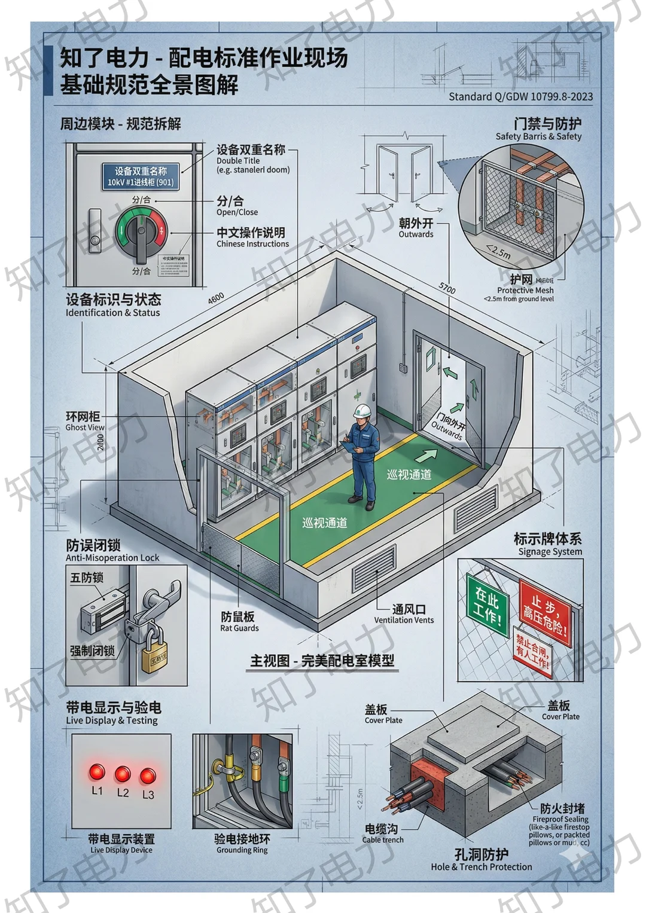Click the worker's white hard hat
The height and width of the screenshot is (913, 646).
point(363,411)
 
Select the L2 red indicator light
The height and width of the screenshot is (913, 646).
point(123,774)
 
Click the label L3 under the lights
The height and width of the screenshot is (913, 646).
point(148,795)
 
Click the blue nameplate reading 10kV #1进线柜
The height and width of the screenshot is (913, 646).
point(141,177)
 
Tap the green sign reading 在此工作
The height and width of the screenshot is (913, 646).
point(487,604)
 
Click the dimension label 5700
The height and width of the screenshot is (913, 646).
point(447,288)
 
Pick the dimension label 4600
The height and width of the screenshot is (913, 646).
point(216,298)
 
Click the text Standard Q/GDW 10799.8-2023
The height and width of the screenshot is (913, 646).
point(520,96)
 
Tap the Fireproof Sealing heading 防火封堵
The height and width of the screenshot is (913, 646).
point(562,808)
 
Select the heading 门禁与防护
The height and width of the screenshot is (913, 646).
point(547,124)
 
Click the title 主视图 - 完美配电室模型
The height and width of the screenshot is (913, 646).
point(322,661)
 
